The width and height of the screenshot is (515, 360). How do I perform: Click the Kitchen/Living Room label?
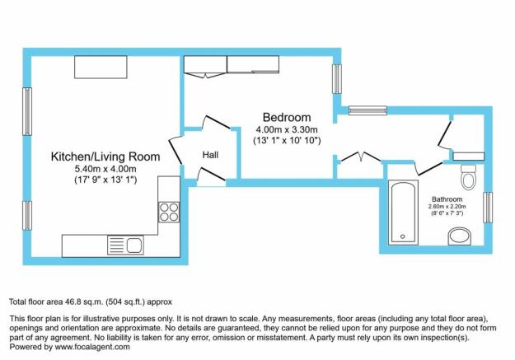point(105,157)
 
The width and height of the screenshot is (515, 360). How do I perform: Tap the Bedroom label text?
point(287,117)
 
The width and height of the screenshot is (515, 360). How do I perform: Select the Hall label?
point(210,155)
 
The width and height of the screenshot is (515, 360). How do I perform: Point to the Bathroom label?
point(447,199)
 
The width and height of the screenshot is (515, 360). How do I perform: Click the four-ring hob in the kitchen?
point(169,212)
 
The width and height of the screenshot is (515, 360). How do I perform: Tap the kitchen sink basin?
point(134,245)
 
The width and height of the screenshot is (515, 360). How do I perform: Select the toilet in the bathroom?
point(468,177)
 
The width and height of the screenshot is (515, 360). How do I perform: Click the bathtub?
point(403,213)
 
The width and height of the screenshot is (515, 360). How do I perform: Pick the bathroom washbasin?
point(460,236)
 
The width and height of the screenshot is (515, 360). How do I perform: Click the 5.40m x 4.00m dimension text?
point(105,169)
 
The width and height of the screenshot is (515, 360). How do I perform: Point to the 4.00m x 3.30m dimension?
point(287,129)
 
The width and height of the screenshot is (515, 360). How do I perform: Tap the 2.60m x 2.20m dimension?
point(447,207)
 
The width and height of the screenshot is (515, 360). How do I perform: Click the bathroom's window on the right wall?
point(488,208)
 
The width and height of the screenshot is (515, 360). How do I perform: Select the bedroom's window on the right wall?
point(337,78)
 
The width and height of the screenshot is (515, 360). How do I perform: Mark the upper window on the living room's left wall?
point(27,111)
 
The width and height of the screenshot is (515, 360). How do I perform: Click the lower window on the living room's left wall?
point(27,216)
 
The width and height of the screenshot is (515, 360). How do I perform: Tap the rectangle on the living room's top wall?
point(101,68)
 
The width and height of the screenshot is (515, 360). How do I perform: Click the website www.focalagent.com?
point(92,347)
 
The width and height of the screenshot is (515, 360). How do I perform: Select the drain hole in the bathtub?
point(403,236)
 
